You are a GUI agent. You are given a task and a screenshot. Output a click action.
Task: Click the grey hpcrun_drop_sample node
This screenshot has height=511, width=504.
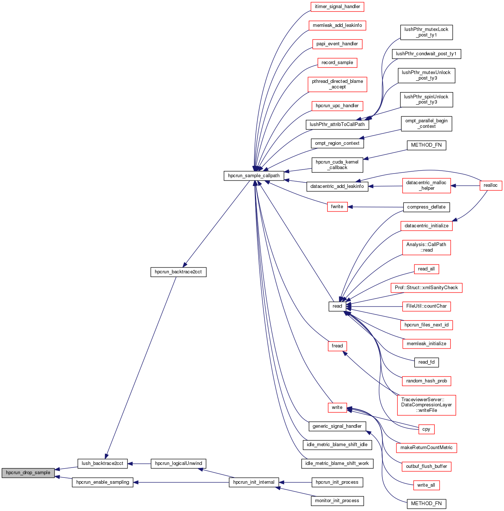click(x=28, y=473)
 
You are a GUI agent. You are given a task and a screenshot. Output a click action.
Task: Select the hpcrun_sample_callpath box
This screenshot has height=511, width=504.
click(x=254, y=176)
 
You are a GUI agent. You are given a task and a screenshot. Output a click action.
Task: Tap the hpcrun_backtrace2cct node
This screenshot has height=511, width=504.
click(x=178, y=272)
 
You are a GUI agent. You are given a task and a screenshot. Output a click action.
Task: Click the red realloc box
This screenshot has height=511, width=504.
click(x=490, y=185)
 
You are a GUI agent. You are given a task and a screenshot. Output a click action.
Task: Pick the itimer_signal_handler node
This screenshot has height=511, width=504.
click(x=337, y=7)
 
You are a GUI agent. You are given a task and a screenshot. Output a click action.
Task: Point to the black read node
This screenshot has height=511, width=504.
click(x=337, y=306)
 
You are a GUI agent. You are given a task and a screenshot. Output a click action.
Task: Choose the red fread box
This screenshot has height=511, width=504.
click(x=337, y=346)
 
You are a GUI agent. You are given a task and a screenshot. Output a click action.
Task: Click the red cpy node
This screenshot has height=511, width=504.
click(x=426, y=429)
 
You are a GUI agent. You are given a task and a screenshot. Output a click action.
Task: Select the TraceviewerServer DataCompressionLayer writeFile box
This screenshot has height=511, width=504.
click(x=426, y=405)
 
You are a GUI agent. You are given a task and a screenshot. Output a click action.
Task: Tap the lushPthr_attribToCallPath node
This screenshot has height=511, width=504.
click(x=337, y=125)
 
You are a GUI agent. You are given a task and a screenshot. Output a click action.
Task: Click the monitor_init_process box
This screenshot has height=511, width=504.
click(x=337, y=501)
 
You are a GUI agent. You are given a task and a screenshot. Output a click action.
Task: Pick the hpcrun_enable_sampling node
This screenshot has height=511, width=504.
click(x=102, y=482)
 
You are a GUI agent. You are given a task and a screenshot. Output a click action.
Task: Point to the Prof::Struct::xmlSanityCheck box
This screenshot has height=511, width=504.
click(x=426, y=288)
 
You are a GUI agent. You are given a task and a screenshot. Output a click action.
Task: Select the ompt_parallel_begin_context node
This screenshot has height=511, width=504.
click(x=426, y=123)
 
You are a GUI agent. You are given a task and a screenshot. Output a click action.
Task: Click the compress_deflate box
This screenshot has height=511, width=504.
click(x=426, y=207)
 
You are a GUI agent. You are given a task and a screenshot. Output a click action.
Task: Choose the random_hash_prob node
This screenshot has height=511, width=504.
click(x=426, y=381)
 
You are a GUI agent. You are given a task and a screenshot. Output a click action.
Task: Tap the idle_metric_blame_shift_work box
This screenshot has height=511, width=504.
click(x=337, y=463)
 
